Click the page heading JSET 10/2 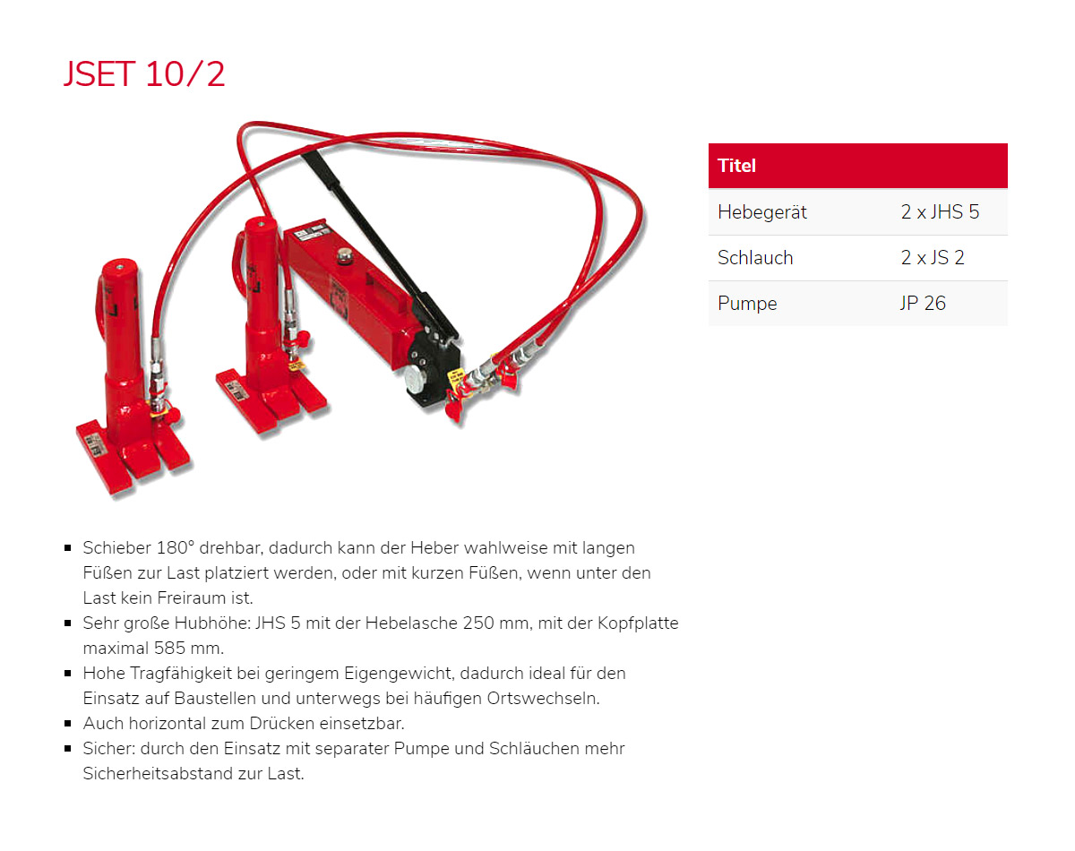pos(144,73)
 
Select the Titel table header pos(736,166)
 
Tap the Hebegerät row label pos(762,212)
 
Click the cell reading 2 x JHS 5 pos(940,212)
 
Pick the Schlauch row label pos(755,258)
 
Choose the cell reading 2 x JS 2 pos(933,258)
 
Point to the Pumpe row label pos(747,304)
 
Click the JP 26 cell pos(924,304)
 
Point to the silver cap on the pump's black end pos(415,380)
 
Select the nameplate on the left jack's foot pos(96,442)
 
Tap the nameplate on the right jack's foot pos(234,390)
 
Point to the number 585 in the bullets pos(172,648)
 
